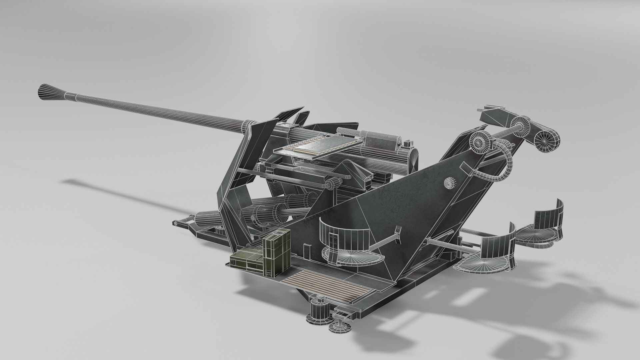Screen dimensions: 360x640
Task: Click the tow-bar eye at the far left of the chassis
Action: tap(175, 223)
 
